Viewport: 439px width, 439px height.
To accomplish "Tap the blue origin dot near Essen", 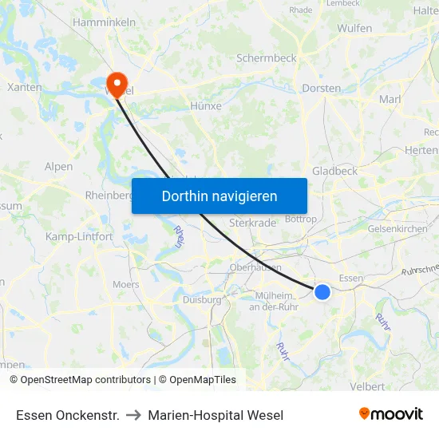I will tap(322, 292).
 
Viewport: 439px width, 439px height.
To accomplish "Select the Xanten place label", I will tap(24, 87).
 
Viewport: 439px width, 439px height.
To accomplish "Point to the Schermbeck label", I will tap(267, 58).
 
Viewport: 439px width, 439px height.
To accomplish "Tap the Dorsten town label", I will tap(322, 89).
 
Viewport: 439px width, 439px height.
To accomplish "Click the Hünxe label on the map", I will tap(206, 105).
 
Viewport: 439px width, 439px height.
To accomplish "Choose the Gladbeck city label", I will tap(334, 171).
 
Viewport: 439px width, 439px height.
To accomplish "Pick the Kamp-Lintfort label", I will tap(79, 237).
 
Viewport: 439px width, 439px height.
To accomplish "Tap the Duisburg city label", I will tap(202, 300).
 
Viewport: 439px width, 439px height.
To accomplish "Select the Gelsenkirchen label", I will tap(397, 228).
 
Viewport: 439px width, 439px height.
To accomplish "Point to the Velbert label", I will tap(368, 386).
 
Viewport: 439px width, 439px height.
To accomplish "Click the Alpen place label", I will tap(59, 167).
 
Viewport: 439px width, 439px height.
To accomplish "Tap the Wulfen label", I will tap(354, 28).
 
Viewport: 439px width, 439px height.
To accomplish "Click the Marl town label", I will tap(390, 99).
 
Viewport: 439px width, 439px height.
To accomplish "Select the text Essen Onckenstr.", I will tap(68, 415).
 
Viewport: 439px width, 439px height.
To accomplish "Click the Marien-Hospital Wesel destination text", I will tap(216, 415).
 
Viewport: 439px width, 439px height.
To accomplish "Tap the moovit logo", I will tap(390, 413).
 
